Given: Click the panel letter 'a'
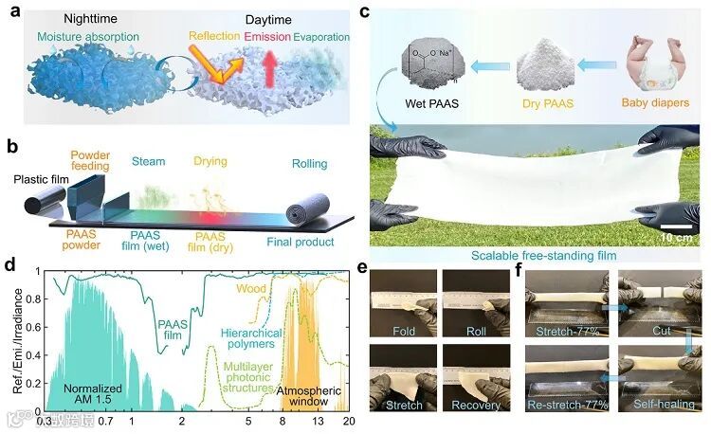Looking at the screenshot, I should point(14,15).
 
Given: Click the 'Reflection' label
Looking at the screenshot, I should point(214,37).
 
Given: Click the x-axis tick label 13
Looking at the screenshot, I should point(318,419).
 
